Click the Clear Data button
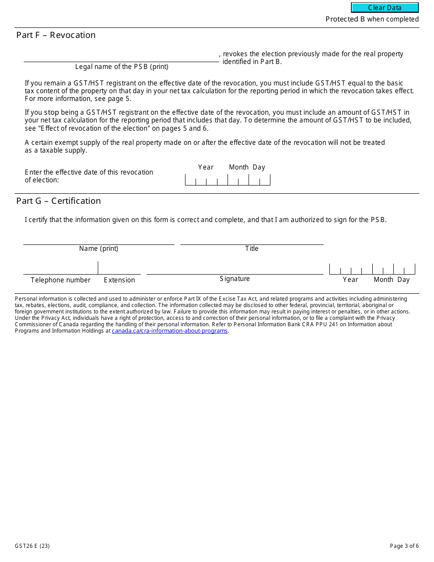pyautogui.click(x=385, y=8)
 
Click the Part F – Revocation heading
pyautogui.click(x=56, y=35)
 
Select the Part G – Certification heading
pyautogui.click(x=58, y=201)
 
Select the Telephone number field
pyautogui.click(x=60, y=269)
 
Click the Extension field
pyautogui.click(x=119, y=269)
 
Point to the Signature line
pyautogui.click(x=235, y=269)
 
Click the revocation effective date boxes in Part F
pyautogui.click(x=228, y=180)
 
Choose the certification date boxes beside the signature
pyautogui.click(x=372, y=269)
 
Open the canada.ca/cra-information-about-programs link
pyautogui.click(x=169, y=331)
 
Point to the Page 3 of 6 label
pyautogui.click(x=404, y=546)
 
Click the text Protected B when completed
pyautogui.click(x=372, y=19)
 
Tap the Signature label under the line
pyautogui.click(x=235, y=279)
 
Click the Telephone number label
pyautogui.click(x=60, y=280)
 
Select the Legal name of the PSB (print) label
pyautogui.click(x=122, y=67)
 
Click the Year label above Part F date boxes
pyautogui.click(x=206, y=167)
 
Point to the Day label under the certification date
pyautogui.click(x=403, y=280)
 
